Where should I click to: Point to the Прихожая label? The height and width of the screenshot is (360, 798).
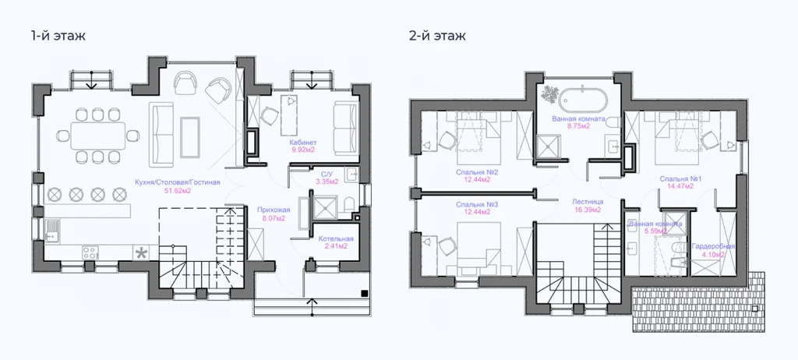273,210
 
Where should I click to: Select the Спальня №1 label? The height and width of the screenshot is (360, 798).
681,178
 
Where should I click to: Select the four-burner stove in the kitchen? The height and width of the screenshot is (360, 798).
90,252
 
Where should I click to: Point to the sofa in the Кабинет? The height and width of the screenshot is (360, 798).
344,119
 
